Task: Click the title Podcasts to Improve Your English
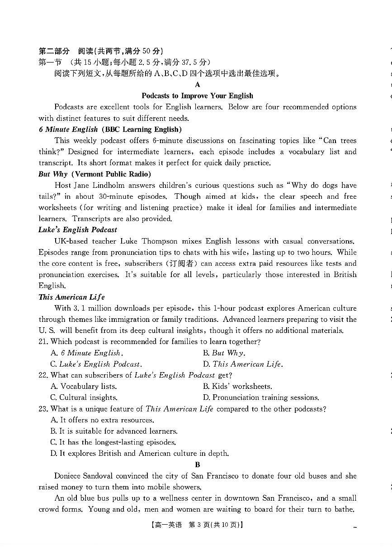(x=197, y=96)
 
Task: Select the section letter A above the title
(x=198, y=85)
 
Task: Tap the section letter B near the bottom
(x=198, y=464)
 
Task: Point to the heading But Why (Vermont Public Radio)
(x=94, y=174)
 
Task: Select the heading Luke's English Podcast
(x=77, y=230)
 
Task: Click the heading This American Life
(x=71, y=297)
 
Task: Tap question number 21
(x=43, y=342)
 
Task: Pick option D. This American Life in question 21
(x=243, y=364)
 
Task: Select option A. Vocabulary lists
(x=84, y=386)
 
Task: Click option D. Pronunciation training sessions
(x=261, y=397)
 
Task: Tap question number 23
(x=43, y=409)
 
